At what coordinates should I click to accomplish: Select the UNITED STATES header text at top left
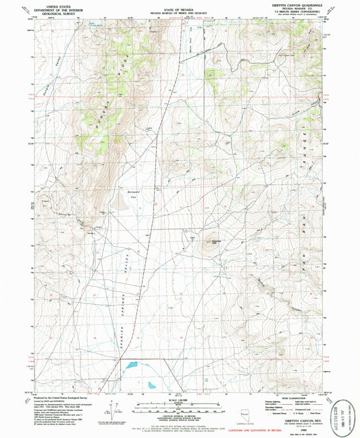pos(52,4)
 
